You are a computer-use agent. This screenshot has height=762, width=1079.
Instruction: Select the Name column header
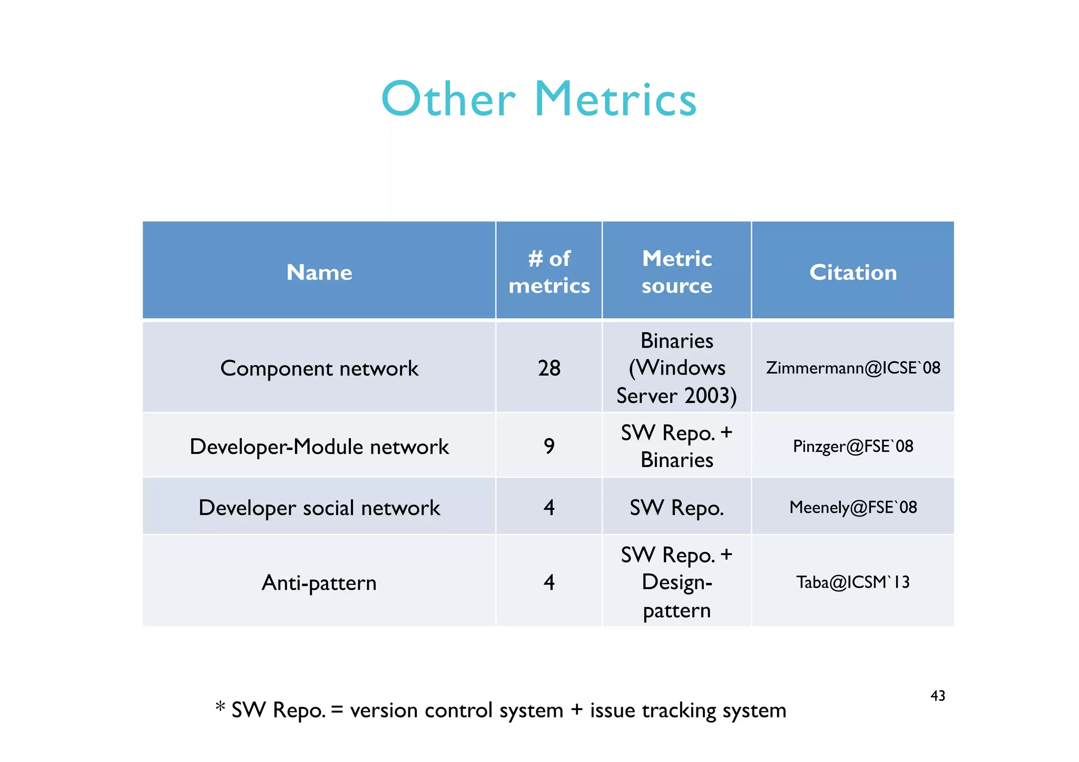(x=319, y=272)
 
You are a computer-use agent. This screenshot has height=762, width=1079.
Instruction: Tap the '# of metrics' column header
(x=549, y=272)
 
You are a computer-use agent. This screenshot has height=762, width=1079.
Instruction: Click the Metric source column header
(x=676, y=272)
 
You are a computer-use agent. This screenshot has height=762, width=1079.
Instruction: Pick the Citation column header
(x=852, y=272)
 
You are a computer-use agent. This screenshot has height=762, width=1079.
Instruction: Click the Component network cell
(x=319, y=368)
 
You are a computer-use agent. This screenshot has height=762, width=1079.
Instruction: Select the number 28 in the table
(x=549, y=368)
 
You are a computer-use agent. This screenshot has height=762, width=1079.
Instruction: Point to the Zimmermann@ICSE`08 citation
(x=852, y=368)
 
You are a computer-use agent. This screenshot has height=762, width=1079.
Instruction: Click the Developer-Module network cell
(x=319, y=447)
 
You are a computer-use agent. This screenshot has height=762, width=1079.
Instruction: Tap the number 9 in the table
(x=549, y=447)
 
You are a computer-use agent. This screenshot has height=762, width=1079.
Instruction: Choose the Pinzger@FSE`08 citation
(x=852, y=447)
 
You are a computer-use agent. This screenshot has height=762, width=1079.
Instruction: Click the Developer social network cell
(x=319, y=508)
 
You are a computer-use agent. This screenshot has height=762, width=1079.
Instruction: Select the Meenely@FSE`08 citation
(x=852, y=507)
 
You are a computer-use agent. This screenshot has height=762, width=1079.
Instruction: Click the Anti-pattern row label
(x=319, y=582)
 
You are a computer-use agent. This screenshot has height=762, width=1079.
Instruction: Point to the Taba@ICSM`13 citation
(x=852, y=582)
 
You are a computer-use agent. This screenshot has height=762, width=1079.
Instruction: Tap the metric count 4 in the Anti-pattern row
(x=549, y=582)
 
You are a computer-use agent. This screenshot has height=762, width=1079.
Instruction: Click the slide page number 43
(x=938, y=696)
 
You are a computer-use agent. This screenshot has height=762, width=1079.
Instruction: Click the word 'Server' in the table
(x=646, y=395)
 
